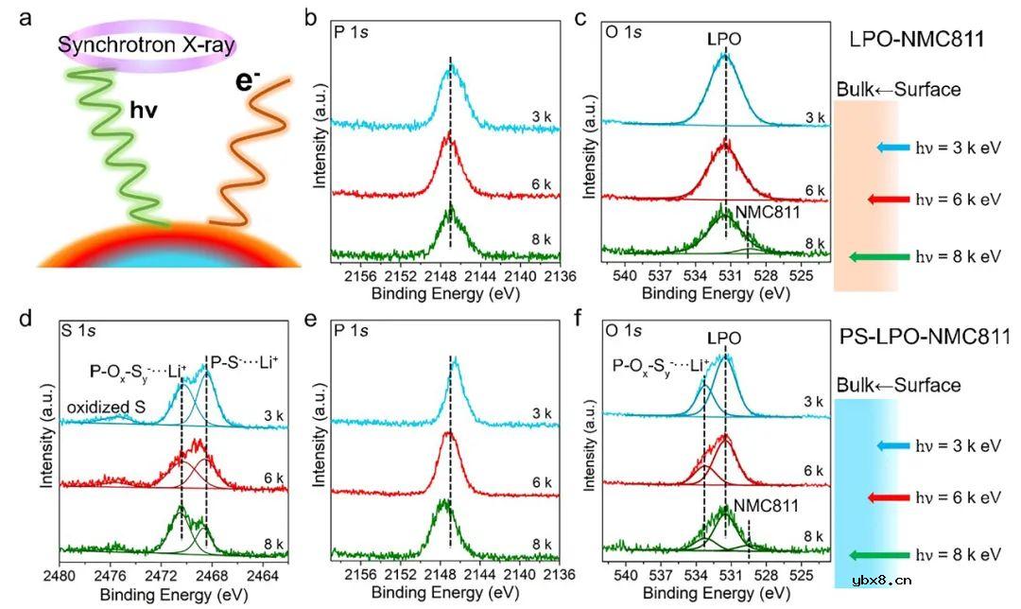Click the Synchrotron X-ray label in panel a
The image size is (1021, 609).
coord(147,43)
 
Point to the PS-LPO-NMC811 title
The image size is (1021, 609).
coord(914,336)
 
